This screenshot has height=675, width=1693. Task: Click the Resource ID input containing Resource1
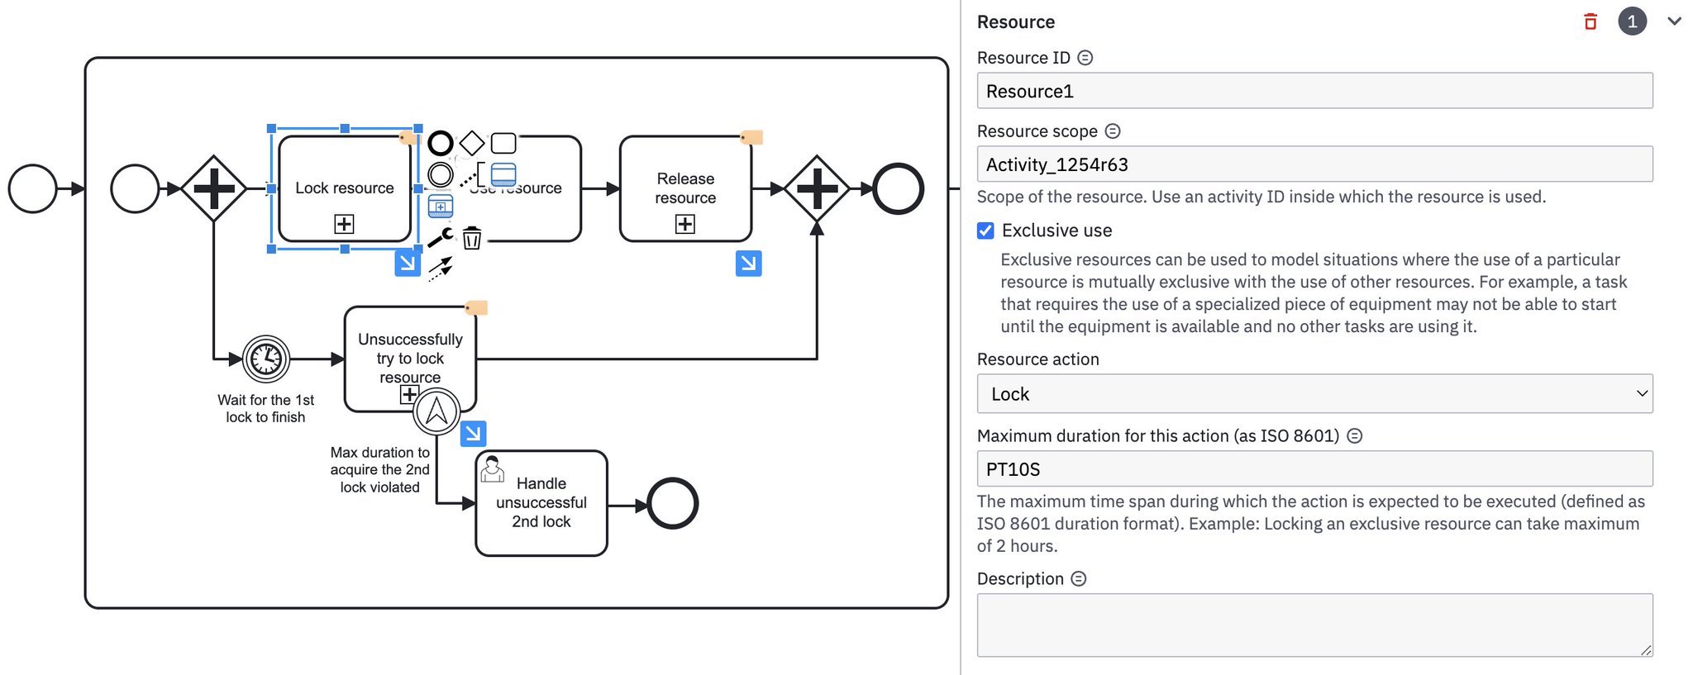1314,91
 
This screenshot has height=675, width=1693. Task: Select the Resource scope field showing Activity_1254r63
1314,164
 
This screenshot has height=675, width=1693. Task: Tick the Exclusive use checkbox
985,231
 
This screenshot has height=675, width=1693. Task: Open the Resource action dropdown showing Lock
1314,394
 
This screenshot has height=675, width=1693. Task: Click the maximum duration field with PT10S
1314,469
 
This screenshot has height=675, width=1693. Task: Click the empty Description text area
1314,625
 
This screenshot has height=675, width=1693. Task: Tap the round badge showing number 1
1632,21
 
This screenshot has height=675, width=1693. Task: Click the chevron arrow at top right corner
1674,21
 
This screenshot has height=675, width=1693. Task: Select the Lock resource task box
345,188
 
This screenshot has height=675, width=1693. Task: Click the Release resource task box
685,188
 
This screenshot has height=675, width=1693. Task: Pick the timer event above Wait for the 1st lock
266,359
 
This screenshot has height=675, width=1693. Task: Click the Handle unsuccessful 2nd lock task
541,502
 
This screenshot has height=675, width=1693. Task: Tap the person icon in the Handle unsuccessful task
493,468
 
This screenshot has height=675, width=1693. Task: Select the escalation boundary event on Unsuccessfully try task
436,411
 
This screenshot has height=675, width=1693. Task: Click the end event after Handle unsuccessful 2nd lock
672,503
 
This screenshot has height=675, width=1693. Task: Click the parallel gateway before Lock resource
214,188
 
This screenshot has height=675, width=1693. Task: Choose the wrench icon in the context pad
441,238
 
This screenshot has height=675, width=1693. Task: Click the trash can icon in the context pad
472,238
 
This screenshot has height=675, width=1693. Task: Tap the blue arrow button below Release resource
748,264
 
